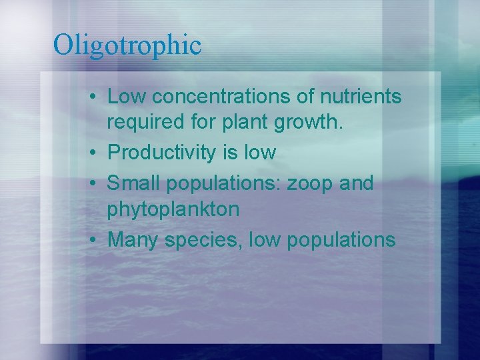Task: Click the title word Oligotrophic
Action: coord(127,45)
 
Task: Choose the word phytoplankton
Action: coord(173,210)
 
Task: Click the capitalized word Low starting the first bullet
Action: coord(127,97)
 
